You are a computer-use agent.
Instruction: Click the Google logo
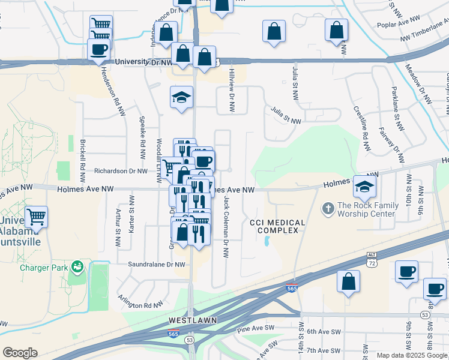pos(20,353)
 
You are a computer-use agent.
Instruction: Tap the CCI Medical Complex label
pos(277,227)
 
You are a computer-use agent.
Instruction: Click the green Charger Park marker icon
pos(76,266)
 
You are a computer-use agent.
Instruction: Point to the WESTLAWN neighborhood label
pos(189,320)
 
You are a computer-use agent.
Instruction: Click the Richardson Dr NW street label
pos(121,171)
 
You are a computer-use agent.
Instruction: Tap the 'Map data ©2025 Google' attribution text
pos(411,355)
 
